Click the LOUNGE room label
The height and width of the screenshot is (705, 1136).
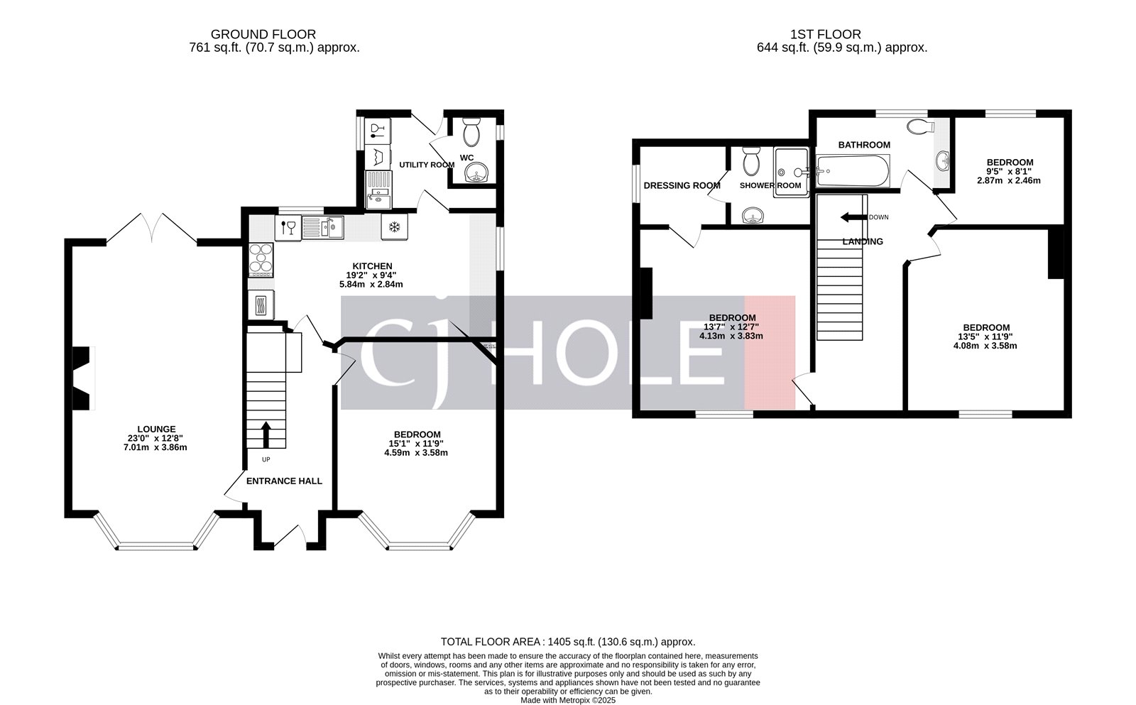[156, 429]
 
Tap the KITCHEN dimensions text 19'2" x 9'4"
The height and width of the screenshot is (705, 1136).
[371, 275]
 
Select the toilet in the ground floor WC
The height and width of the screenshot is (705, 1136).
[471, 132]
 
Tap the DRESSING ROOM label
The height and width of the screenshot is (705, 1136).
[682, 185]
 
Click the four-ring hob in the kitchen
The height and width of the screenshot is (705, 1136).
[261, 260]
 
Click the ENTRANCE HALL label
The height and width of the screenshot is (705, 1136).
[284, 481]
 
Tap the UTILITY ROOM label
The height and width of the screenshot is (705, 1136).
[426, 165]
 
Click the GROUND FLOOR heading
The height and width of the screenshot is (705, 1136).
[263, 34]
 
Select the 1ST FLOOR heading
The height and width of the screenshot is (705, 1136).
[825, 34]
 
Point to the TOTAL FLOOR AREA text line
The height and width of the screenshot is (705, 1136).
[568, 641]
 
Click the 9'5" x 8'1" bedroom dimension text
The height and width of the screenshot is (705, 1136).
[1009, 171]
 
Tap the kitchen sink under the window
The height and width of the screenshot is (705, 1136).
[323, 227]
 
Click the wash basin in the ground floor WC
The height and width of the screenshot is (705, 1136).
[473, 173]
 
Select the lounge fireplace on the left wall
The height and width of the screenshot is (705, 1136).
[84, 378]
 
